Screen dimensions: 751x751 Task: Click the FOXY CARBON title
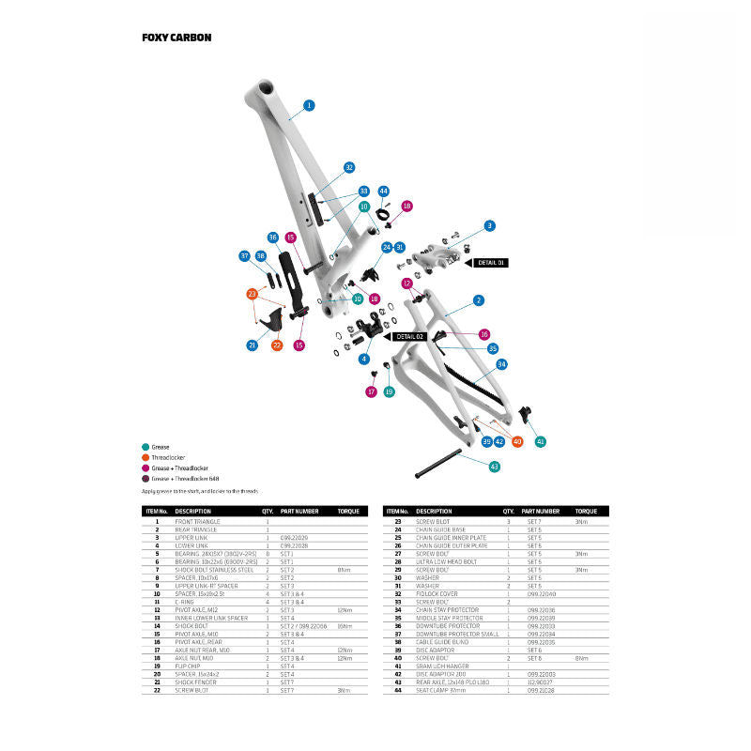point(176,38)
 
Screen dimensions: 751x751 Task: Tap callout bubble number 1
point(309,105)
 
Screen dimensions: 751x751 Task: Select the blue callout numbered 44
point(383,192)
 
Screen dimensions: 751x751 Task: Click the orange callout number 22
point(277,345)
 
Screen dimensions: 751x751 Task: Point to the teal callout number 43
point(495,466)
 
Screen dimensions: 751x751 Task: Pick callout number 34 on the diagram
point(502,363)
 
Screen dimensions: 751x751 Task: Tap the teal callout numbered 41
point(540,441)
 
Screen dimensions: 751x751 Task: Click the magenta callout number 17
point(371,391)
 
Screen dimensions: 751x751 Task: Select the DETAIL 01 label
point(490,263)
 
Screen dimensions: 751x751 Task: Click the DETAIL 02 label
point(410,335)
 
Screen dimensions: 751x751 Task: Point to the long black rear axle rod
point(437,457)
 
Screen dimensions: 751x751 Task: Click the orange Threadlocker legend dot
point(145,457)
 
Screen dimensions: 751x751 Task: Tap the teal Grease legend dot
point(145,447)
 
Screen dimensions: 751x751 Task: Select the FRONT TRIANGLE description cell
point(196,521)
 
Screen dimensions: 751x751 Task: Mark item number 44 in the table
point(397,690)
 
